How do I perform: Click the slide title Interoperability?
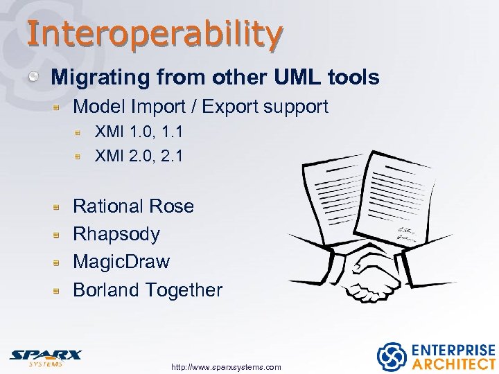155,33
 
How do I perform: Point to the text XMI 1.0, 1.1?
139,132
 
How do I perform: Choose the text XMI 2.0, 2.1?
139,156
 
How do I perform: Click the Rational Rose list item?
133,206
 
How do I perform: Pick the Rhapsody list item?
116,233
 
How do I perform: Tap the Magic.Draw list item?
121,262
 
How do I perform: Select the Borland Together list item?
147,290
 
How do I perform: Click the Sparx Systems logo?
45,357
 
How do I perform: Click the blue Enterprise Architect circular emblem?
391,356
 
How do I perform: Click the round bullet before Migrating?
33,77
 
